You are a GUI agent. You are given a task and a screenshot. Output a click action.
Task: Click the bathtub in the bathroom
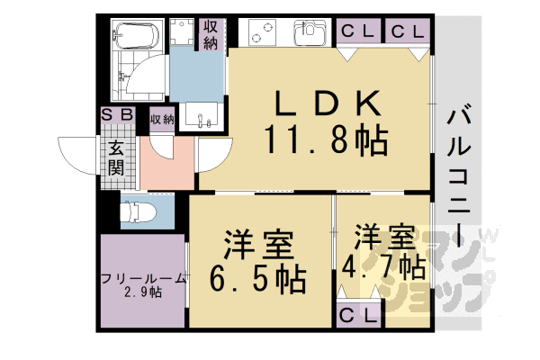click(137, 35)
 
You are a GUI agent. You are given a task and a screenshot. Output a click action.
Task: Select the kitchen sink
click(310, 32)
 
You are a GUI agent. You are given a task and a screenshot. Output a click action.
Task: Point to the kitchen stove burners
click(263, 32)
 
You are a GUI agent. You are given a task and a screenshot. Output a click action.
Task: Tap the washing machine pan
click(184, 31)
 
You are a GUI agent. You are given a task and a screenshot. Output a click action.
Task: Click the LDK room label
click(328, 103)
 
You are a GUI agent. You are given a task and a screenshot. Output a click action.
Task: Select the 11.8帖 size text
click(327, 139)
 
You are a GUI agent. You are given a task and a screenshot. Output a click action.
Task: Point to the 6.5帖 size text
click(258, 279)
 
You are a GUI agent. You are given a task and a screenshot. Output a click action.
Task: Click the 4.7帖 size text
click(383, 268)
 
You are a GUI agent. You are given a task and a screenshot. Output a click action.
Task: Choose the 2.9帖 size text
click(143, 292)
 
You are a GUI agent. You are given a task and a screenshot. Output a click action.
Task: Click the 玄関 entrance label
click(116, 158)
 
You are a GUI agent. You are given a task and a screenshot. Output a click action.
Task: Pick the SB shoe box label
click(117, 114)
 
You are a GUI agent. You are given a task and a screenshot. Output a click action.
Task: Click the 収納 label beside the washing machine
click(211, 34)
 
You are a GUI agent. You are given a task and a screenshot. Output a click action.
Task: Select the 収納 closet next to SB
click(162, 120)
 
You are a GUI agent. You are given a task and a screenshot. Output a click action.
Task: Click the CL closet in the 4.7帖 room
click(358, 315)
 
